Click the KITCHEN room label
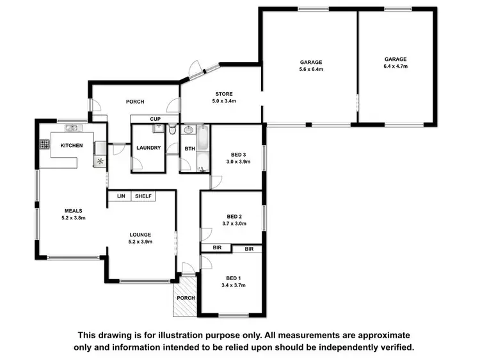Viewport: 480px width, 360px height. click(x=72, y=146)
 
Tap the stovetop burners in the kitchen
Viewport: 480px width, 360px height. click(x=45, y=145)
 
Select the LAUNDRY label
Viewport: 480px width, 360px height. click(x=148, y=148)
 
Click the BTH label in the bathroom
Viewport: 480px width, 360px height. click(x=189, y=148)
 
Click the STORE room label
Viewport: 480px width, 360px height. click(x=224, y=94)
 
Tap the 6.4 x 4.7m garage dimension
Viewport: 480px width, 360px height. click(x=396, y=66)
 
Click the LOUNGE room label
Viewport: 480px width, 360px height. click(x=140, y=235)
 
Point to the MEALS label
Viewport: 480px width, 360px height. click(x=72, y=210)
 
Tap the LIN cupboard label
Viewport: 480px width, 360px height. click(x=120, y=196)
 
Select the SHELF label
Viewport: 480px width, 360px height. click(x=143, y=196)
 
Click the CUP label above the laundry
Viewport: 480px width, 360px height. click(x=155, y=119)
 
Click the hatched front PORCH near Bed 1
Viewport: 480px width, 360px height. click(x=186, y=297)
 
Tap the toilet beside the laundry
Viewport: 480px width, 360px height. click(x=173, y=130)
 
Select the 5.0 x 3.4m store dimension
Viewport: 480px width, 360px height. click(x=224, y=101)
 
